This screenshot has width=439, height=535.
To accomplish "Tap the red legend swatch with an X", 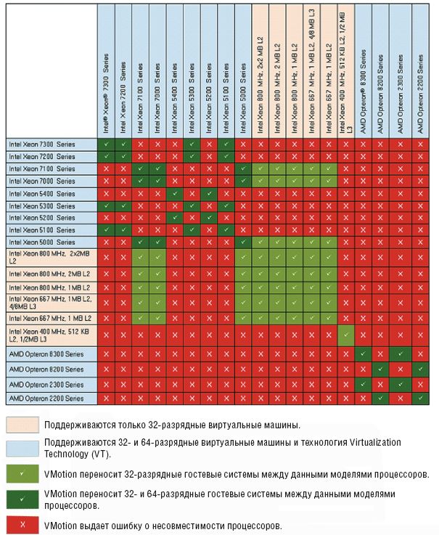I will click(22, 523).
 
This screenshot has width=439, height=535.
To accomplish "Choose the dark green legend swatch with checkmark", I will click(22, 499).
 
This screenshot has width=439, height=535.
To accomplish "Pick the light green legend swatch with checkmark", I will click(22, 473).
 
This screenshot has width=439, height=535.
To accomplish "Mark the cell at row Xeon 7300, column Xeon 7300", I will click(106, 144).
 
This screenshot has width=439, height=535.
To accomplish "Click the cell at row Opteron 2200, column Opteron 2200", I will click(421, 399).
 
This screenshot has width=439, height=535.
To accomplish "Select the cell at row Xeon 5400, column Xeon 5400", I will click(174, 193).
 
